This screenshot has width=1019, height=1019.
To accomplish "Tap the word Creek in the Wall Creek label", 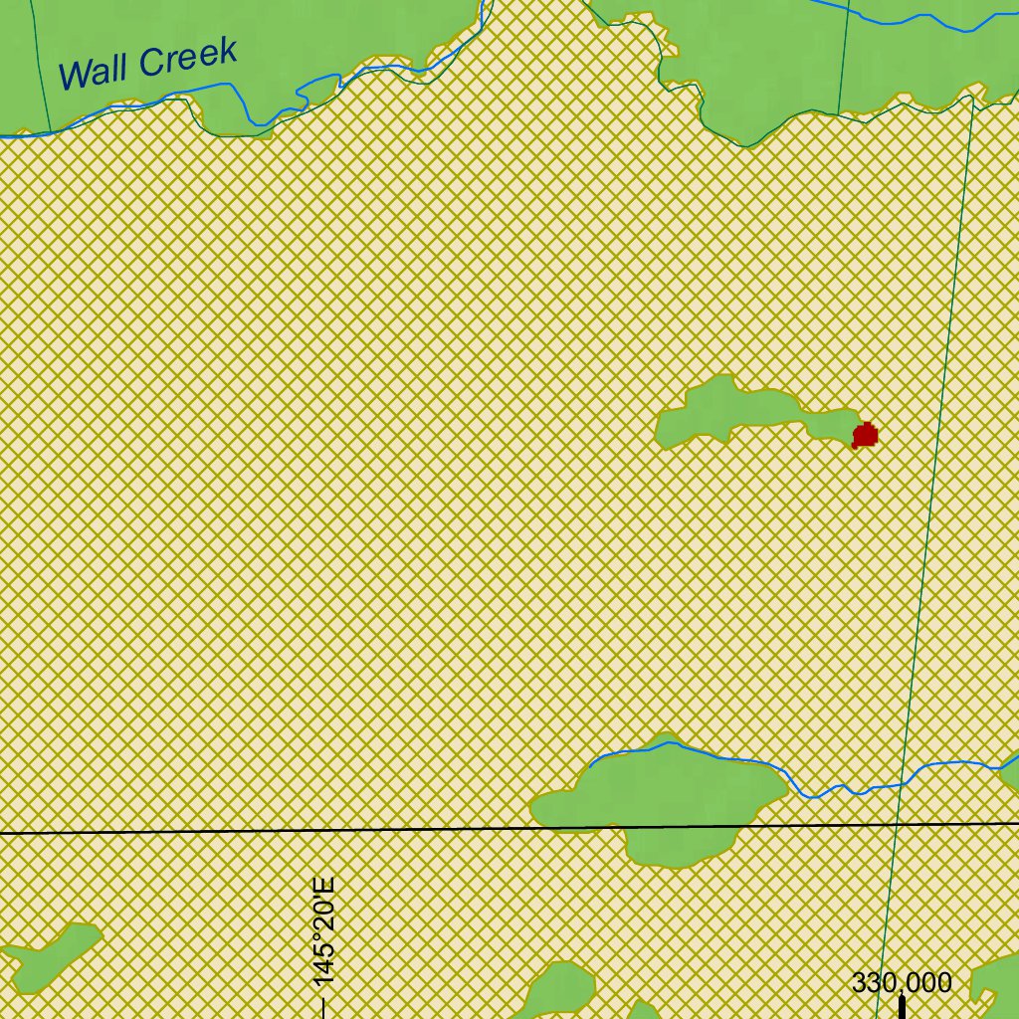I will pyautogui.click(x=188, y=57).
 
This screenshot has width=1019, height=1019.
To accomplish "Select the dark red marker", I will pyautogui.click(x=866, y=435).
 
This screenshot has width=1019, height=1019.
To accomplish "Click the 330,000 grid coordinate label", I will pyautogui.click(x=902, y=983).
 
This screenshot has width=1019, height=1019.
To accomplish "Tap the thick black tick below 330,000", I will pyautogui.click(x=902, y=1007).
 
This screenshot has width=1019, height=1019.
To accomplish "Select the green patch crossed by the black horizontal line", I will pyautogui.click(x=662, y=801).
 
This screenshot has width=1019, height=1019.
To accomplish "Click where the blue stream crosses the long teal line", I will pyautogui.click(x=902, y=784).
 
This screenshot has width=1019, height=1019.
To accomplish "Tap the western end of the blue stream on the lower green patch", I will pyautogui.click(x=590, y=766).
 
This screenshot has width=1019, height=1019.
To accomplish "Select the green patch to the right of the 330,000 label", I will pyautogui.click(x=995, y=980).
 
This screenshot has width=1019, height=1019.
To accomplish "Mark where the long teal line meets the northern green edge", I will pyautogui.click(x=972, y=98).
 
